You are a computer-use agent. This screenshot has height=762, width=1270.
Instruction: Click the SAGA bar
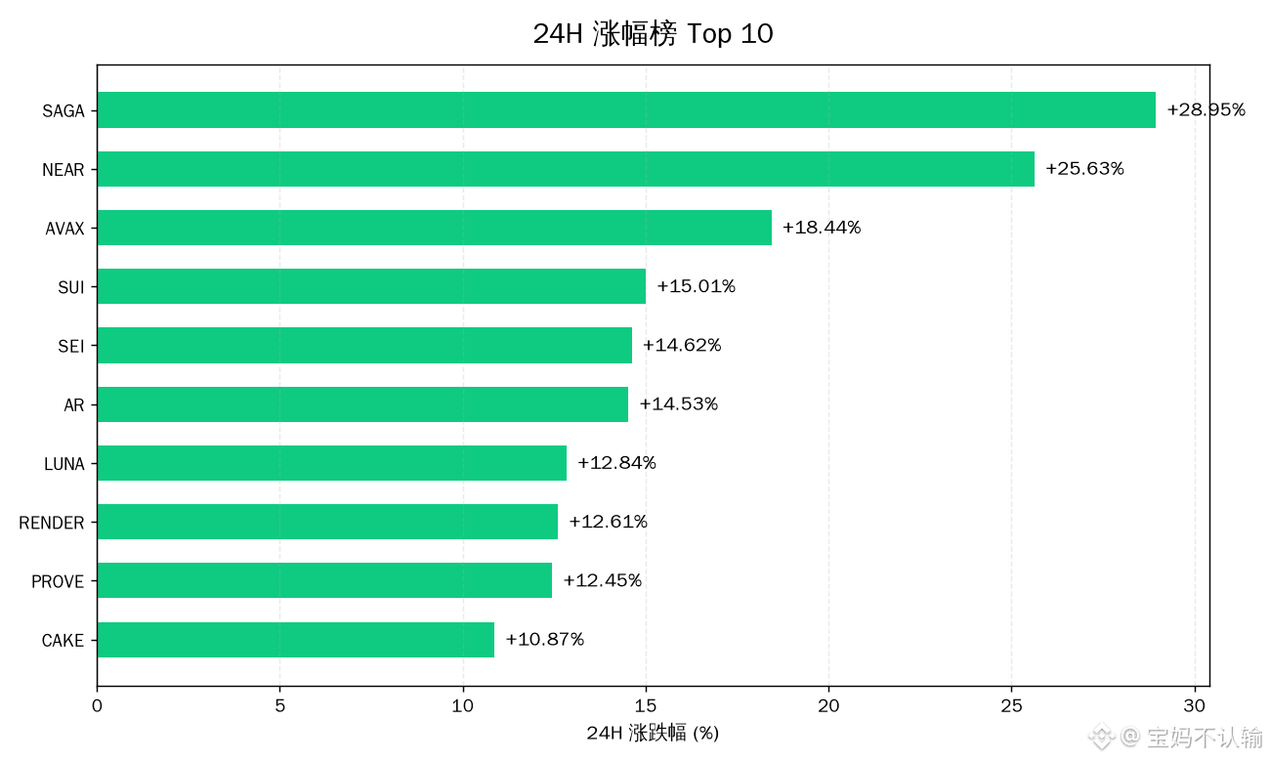[x=626, y=110]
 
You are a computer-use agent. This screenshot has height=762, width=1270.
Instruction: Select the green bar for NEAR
[x=566, y=169]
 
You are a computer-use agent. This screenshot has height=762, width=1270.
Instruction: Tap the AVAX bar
[x=435, y=228]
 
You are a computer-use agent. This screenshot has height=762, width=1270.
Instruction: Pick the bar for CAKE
[x=296, y=640]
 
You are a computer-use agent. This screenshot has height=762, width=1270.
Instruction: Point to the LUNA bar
[x=332, y=463]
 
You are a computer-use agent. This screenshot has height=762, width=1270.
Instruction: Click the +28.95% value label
[x=1206, y=109]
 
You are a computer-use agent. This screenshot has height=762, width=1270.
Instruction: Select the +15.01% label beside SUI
[x=696, y=285]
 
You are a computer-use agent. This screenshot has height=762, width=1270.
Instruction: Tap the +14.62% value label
[x=682, y=345]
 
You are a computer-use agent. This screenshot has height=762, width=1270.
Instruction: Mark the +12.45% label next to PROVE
[x=602, y=580]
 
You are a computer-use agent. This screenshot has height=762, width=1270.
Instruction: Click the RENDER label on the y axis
[x=52, y=523]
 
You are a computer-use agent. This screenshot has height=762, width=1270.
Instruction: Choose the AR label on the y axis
[x=73, y=405]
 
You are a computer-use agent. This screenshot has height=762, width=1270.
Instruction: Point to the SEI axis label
[x=71, y=346]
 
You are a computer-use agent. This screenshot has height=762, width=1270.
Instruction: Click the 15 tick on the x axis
[x=645, y=706]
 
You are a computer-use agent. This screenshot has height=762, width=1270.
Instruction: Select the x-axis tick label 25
[x=1011, y=706]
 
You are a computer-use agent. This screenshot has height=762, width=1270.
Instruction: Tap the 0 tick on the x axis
[x=97, y=706]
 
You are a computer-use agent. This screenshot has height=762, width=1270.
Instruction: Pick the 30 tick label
[x=1194, y=706]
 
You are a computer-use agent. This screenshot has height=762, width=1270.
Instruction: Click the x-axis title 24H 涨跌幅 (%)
[x=653, y=733]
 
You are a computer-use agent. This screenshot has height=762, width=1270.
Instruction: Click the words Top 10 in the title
[x=730, y=33]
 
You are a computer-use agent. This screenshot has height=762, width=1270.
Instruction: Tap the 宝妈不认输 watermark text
[x=1205, y=737]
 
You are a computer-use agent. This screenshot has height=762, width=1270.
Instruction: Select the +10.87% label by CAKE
[x=544, y=639]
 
